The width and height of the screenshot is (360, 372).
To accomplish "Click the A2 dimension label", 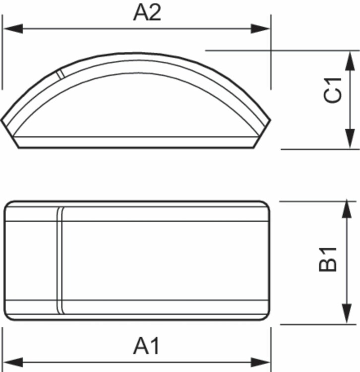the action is (147, 12).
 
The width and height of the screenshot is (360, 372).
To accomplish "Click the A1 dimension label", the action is (146, 346).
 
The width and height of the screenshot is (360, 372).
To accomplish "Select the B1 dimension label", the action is (328, 259).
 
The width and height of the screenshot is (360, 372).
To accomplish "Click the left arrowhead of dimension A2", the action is (13, 29).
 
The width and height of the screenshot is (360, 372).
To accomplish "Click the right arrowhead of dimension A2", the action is (260, 29).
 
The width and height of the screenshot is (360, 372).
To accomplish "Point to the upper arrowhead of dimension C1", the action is (350, 61).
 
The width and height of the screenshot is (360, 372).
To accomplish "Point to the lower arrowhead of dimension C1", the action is (350, 139).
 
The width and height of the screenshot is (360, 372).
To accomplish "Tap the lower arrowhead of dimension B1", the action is (347, 313).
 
